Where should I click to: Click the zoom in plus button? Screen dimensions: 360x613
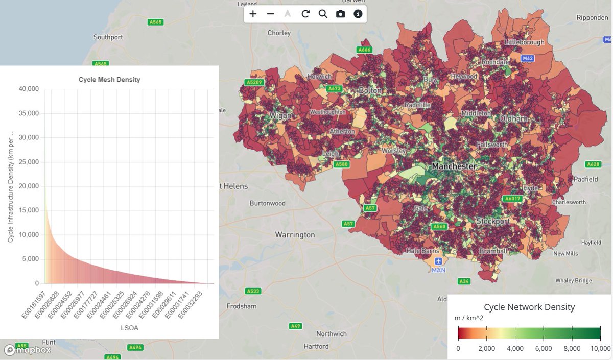[x=253, y=14]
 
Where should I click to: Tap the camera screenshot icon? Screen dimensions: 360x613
[x=340, y=14]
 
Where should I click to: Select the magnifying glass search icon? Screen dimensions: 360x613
[x=323, y=14]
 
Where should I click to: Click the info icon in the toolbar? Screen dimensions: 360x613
[x=358, y=14]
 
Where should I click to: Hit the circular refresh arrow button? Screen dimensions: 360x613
[x=305, y=14]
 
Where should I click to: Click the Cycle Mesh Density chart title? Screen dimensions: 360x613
[x=109, y=80]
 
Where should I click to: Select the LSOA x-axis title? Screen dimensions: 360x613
[x=129, y=328]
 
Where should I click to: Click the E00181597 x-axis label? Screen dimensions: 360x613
[x=34, y=305]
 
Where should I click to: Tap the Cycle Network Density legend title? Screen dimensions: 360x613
[x=529, y=307]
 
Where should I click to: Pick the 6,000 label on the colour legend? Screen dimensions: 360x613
[x=543, y=348]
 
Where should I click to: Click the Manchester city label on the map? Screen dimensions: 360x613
[x=454, y=166]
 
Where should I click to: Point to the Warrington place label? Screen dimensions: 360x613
[x=295, y=235]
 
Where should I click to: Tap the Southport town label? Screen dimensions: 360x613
[x=108, y=37]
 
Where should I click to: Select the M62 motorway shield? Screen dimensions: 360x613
[x=528, y=59]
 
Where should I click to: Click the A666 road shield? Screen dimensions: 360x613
[x=364, y=50]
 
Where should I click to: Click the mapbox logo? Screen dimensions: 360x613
[x=28, y=350]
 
